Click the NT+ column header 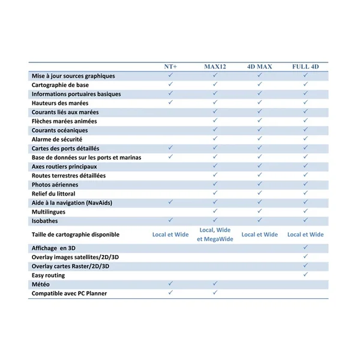click(x=171, y=66)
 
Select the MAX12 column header click(x=215, y=66)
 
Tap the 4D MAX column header click(x=259, y=66)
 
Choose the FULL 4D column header click(x=305, y=66)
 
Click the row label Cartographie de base click(x=60, y=85)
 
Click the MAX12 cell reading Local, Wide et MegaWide click(x=215, y=235)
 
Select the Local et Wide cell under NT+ click(x=170, y=235)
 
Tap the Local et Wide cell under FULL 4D click(x=305, y=235)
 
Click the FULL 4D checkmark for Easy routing click(x=305, y=274)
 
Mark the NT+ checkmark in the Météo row click(x=170, y=283)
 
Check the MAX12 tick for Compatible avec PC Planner click(x=215, y=292)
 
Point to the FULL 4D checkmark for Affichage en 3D click(x=305, y=247)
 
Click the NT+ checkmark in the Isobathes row click(x=170, y=220)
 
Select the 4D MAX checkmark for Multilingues click(x=259, y=211)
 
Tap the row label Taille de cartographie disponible click(x=76, y=235)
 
